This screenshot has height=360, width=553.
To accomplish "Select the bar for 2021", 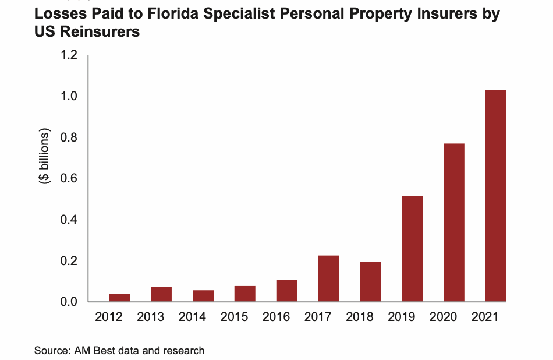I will tap(495, 196).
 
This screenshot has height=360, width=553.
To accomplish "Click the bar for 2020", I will tap(453, 223).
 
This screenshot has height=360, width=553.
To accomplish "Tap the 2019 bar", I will tap(412, 249).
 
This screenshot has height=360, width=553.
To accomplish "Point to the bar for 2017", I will tap(328, 278).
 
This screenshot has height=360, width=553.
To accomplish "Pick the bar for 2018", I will tap(370, 281).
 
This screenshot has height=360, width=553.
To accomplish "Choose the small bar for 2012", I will tap(119, 298).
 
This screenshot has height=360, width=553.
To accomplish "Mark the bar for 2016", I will tap(286, 291).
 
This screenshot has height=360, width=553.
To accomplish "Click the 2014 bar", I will tap(203, 296).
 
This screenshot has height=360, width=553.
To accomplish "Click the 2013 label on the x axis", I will tap(161, 317).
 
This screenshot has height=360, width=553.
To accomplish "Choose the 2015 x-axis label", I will tap(244, 317).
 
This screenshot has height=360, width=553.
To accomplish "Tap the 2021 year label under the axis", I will tap(495, 317).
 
